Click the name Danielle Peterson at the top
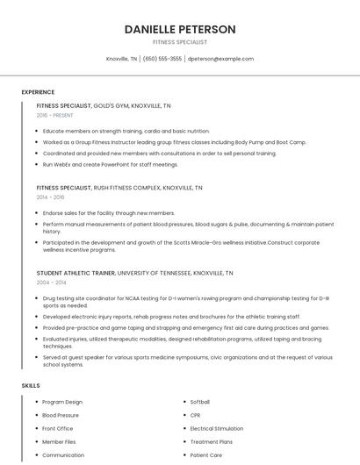point(180,29)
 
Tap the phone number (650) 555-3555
point(162,59)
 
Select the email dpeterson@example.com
point(220,59)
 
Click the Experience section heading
point(38,92)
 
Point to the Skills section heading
point(31,385)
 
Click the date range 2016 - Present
point(54,115)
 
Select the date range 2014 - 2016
point(50,197)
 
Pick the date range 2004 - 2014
point(50,283)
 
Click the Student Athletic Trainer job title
point(76,273)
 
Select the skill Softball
point(201,402)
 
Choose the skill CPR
point(196,415)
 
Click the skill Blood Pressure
point(61,415)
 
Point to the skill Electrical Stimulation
point(216,428)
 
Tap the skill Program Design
point(62,402)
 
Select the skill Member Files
point(59,442)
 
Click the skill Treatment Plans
point(212,442)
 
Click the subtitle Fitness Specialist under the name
point(180,42)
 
